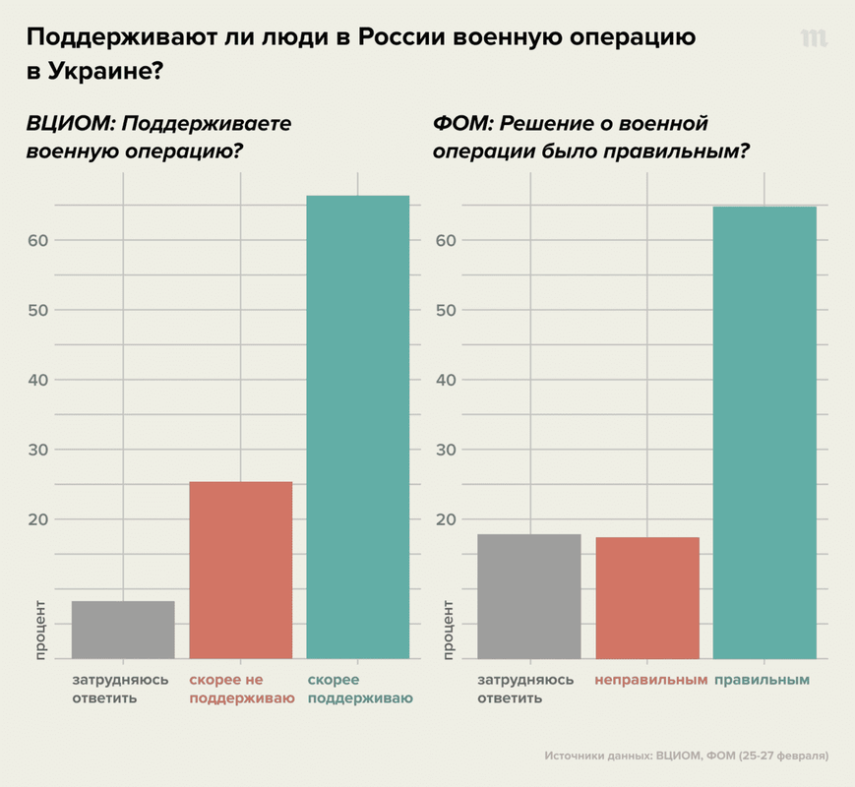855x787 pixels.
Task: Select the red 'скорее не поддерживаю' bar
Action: click(240, 570)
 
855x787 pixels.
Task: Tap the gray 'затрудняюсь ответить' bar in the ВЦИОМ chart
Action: click(123, 630)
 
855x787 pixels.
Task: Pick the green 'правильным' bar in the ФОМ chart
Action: click(764, 432)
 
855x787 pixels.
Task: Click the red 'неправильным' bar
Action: click(647, 598)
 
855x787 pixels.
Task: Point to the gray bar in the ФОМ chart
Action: click(528, 596)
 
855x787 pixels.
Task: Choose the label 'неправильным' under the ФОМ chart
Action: click(650, 680)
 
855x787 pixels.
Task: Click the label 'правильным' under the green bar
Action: click(762, 680)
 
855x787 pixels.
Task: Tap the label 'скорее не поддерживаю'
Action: click(241, 689)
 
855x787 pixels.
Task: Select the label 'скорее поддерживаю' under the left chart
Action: click(358, 689)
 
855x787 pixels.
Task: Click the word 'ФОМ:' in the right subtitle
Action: click(463, 125)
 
